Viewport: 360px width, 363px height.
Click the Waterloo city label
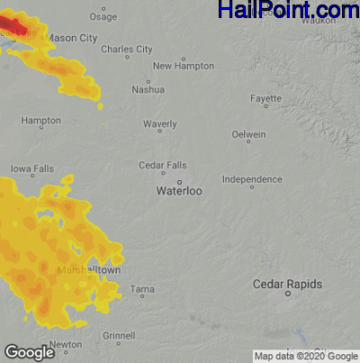click(x=179, y=191)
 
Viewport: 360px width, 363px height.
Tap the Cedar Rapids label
click(x=287, y=284)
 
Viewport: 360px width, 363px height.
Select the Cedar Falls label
click(x=163, y=165)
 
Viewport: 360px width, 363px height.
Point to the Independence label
click(x=252, y=179)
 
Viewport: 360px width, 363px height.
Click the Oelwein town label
click(x=248, y=134)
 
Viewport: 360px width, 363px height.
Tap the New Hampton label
click(x=184, y=66)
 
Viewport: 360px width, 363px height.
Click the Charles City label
click(x=127, y=49)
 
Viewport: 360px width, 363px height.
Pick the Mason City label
click(x=72, y=39)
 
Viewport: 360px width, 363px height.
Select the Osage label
click(x=103, y=16)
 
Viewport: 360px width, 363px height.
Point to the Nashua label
click(x=148, y=89)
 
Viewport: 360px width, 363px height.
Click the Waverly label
click(x=160, y=124)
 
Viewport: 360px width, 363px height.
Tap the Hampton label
click(x=41, y=120)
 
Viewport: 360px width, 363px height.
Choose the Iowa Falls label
click(x=32, y=168)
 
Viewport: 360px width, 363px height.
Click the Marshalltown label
click(x=88, y=269)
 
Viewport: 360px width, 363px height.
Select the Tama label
click(x=142, y=289)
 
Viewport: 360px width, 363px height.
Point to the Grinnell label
click(x=119, y=335)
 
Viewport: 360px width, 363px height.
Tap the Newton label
click(x=66, y=344)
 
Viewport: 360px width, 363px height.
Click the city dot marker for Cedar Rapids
click(x=288, y=294)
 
